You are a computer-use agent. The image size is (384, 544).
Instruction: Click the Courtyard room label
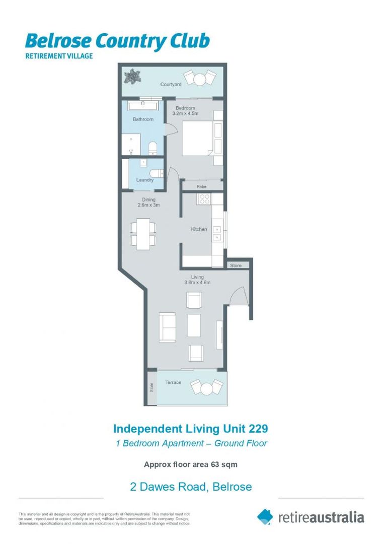click(171, 85)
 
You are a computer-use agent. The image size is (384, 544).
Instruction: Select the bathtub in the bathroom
click(143, 106)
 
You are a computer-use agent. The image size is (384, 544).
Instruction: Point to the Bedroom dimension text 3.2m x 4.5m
click(185, 114)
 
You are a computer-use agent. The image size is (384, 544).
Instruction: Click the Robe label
click(202, 186)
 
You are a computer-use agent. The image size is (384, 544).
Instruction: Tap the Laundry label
click(145, 180)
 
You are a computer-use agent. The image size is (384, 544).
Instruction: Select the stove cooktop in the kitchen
click(204, 199)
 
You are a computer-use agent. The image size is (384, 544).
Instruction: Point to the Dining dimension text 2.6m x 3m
click(149, 206)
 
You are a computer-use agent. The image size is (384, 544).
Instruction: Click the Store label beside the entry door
click(236, 265)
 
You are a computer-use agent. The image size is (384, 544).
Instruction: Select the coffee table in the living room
click(194, 325)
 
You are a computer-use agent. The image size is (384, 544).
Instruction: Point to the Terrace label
click(173, 383)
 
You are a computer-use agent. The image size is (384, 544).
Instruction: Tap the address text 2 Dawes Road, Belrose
click(191, 487)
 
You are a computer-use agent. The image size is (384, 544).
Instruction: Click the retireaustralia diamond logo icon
click(265, 517)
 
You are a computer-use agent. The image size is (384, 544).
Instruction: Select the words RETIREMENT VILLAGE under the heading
click(59, 56)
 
